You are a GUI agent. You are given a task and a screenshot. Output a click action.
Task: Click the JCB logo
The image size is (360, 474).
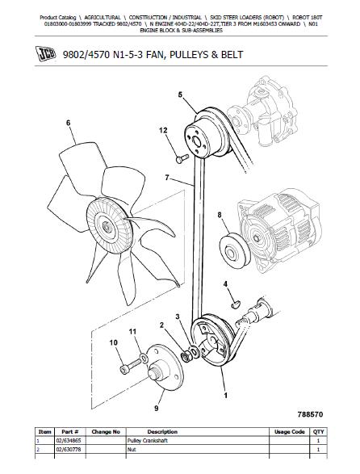coord(46,54)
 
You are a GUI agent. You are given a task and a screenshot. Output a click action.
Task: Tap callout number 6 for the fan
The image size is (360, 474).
coord(69,123)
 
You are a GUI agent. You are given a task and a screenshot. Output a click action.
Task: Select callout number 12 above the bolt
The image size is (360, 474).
coord(163,130)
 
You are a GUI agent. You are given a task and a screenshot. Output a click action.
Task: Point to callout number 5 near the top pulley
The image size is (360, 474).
coord(180,95)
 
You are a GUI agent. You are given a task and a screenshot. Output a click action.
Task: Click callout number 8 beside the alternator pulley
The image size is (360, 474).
coord(220,215)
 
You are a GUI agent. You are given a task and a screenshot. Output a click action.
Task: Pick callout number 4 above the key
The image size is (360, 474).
coord(225,284)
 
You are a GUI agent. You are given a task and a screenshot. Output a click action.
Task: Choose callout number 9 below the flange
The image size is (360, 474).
coord(157,409)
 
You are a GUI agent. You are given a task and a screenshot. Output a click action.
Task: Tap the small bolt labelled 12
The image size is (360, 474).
coord(182,158)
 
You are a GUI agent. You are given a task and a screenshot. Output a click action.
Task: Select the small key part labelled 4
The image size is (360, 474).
coord(236,304)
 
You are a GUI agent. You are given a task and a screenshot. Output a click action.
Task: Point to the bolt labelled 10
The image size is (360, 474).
coord(130,366)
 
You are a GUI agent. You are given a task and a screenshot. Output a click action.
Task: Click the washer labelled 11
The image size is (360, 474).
coord(144,358)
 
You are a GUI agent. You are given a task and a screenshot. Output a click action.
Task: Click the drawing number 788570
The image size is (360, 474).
coord(311,414)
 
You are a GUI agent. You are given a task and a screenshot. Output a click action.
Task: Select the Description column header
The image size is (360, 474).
coord(162,432)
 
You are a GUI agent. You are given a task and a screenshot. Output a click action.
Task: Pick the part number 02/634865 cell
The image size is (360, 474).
coord(69,441)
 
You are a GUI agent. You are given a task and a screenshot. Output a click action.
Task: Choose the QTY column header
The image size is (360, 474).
coord(318,432)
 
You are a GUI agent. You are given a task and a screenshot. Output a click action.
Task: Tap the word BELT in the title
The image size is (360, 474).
coord(232,55)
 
